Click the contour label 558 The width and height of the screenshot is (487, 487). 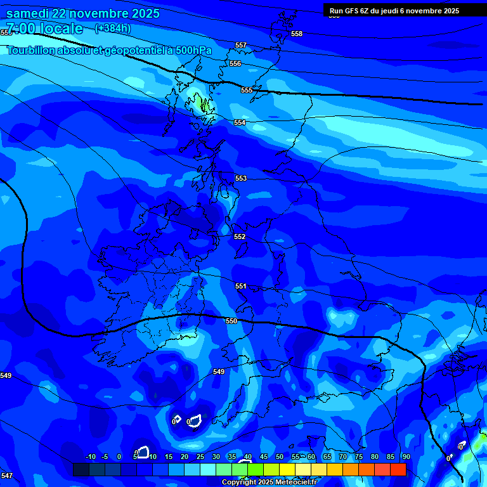297,34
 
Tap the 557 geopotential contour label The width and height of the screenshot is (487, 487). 240,46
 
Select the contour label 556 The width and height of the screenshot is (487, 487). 235,64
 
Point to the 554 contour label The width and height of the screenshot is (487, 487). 240,122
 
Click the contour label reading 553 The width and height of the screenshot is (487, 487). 240,179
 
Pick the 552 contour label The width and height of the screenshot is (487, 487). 240,237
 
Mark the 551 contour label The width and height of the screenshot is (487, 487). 240,287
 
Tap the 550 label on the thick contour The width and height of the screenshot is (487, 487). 231,321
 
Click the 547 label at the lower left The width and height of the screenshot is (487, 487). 6,476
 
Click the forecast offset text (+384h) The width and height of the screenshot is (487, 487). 112,28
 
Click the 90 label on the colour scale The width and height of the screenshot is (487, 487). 406,457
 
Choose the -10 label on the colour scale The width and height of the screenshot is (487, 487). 90,457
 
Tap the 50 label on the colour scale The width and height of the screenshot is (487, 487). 280,457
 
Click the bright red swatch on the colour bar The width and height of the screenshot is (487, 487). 398,469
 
